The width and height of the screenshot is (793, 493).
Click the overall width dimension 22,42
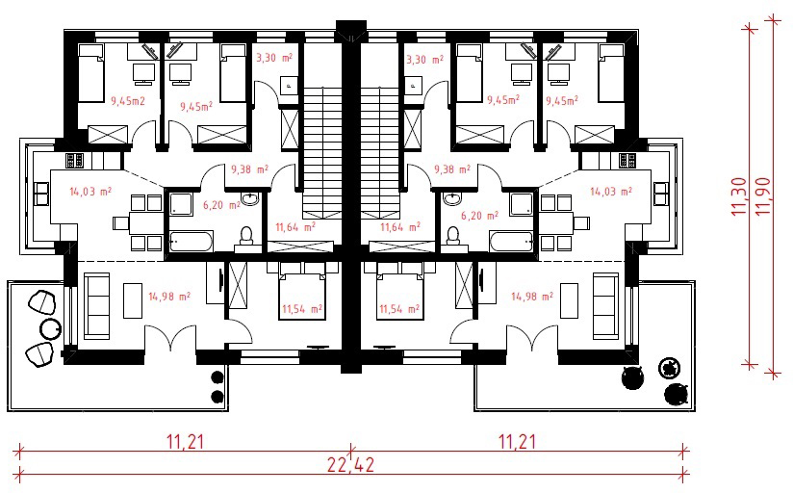(x=350, y=464)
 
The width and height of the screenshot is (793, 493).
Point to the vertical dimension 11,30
(x=738, y=195)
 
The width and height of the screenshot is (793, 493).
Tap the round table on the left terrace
(x=50, y=328)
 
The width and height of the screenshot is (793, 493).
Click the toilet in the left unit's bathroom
(x=246, y=237)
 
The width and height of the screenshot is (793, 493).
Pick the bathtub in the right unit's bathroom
(x=510, y=242)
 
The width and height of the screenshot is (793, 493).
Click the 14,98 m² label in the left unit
(x=169, y=297)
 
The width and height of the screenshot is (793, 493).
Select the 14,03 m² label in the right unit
(x=611, y=192)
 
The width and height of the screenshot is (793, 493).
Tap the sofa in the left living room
(x=96, y=306)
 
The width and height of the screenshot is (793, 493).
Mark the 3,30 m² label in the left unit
(x=274, y=58)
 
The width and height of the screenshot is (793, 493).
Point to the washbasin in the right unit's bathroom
(x=451, y=198)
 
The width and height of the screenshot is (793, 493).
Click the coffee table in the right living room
(x=570, y=300)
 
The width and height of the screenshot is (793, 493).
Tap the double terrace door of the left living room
(x=170, y=338)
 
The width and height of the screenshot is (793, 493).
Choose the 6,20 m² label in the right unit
(x=479, y=216)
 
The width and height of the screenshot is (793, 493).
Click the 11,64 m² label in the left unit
(x=295, y=227)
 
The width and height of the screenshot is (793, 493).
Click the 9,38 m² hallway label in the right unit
(x=451, y=169)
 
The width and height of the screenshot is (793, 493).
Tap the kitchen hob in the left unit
(x=74, y=161)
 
